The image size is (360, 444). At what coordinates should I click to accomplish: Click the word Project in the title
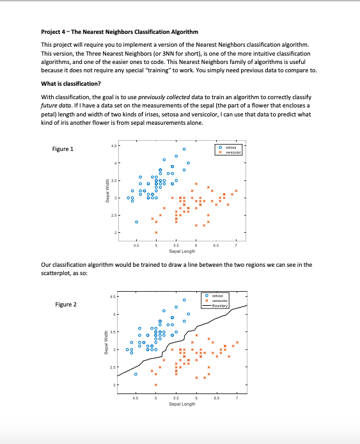(51, 32)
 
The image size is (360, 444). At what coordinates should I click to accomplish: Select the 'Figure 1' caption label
(62, 149)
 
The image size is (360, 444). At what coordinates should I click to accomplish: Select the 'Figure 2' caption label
(65, 305)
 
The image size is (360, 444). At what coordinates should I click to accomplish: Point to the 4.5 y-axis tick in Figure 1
(113, 145)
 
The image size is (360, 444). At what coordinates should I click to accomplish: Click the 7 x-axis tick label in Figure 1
(236, 245)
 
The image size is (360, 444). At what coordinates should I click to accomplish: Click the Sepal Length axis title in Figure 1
(182, 251)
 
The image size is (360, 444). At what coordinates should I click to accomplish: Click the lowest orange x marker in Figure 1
(156, 232)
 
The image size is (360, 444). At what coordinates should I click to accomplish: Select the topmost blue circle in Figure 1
(184, 150)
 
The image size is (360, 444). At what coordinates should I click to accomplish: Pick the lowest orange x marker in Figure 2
(156, 385)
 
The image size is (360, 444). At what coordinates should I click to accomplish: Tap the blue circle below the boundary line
(136, 374)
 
